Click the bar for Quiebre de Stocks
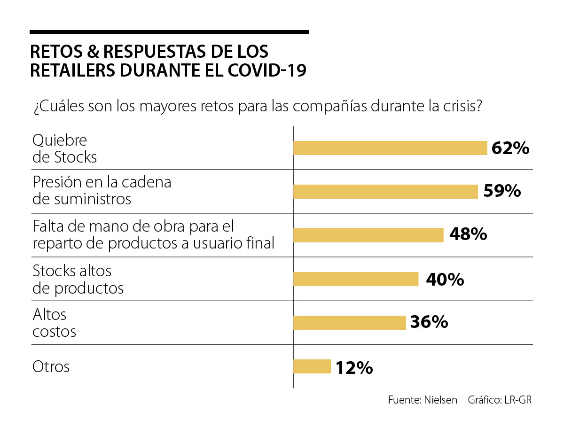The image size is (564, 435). coord(390,148)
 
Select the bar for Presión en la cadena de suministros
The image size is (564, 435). coord(385,192)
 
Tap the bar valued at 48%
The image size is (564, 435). coord(368,235)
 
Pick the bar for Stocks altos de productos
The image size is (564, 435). coord(355,279)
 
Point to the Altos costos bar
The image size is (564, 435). coord(349,323)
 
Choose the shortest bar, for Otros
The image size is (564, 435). coord(312,366)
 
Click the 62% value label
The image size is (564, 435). coord(510,148)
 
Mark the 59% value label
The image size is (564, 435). coord(501,192)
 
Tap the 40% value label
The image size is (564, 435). coord(445,280)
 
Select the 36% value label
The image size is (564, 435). coord(429,323)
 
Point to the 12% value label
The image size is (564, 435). coord(354,367)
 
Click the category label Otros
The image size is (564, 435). coord(51,366)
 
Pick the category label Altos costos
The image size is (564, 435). coord(54,323)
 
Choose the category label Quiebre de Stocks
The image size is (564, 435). coord(64,148)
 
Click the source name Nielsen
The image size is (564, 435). coord(440,400)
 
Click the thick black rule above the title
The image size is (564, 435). coord(169,32)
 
